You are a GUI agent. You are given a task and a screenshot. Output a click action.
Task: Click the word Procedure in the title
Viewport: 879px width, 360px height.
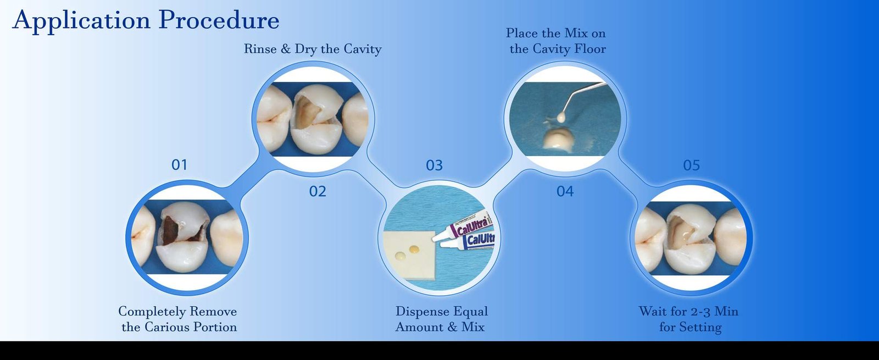219,20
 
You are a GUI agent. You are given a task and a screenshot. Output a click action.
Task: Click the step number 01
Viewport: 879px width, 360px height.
179,165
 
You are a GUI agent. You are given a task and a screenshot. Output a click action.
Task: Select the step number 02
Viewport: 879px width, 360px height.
318,191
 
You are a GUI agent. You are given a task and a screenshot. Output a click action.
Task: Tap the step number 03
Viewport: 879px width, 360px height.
435,165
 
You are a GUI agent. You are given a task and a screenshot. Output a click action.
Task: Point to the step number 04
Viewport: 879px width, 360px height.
565,191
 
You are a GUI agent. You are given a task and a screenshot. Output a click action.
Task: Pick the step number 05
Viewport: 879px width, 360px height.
692,165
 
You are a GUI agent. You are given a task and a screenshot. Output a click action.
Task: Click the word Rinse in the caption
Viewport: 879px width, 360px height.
260,49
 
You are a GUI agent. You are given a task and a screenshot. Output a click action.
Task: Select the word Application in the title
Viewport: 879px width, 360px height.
82,20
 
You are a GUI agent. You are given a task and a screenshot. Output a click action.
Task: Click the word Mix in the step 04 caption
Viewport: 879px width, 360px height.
574,33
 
